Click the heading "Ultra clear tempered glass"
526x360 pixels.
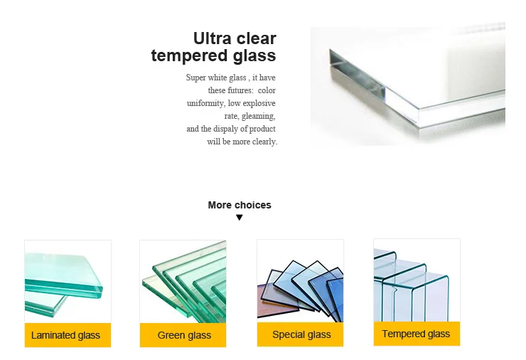[213, 47]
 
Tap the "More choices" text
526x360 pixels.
[240, 205]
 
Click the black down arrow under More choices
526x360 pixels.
[240, 218]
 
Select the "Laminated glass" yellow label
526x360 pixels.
[66, 335]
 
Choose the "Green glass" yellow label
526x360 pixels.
[184, 335]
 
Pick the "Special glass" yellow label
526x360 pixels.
[301, 334]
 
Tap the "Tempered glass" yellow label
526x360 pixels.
[416, 334]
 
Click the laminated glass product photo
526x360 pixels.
[68, 282]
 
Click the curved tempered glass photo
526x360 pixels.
[417, 280]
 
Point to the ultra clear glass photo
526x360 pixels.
[407, 85]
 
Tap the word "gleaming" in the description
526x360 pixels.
[259, 116]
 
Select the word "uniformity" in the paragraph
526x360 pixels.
[205, 103]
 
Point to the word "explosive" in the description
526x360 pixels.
[259, 103]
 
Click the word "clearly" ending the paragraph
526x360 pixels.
[264, 142]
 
